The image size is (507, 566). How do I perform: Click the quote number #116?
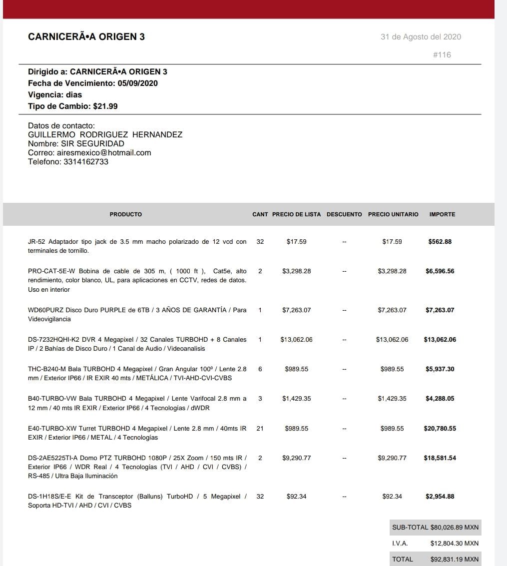[442, 55]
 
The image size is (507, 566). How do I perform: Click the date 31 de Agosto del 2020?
[421, 37]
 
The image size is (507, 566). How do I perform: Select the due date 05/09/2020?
[138, 83]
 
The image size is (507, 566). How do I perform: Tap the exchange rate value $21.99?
[105, 106]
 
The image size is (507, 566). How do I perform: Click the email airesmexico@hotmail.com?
[104, 153]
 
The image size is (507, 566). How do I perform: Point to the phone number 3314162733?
[86, 162]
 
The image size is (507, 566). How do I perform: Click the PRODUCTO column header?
[126, 214]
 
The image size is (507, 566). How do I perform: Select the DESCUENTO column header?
[344, 214]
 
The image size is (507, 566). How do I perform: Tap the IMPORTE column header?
[442, 214]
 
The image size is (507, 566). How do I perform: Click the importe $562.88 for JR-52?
[440, 242]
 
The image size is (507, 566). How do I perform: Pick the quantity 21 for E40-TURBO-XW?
[260, 429]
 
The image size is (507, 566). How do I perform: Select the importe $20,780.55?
[440, 429]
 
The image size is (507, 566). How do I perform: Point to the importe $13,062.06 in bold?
[440, 340]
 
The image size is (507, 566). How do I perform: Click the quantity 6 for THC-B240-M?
[260, 369]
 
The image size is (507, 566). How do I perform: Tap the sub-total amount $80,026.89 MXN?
[454, 528]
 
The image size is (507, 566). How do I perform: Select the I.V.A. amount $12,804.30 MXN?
[454, 544]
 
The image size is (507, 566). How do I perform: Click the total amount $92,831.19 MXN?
[454, 560]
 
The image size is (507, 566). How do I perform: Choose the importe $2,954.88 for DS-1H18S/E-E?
[440, 497]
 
